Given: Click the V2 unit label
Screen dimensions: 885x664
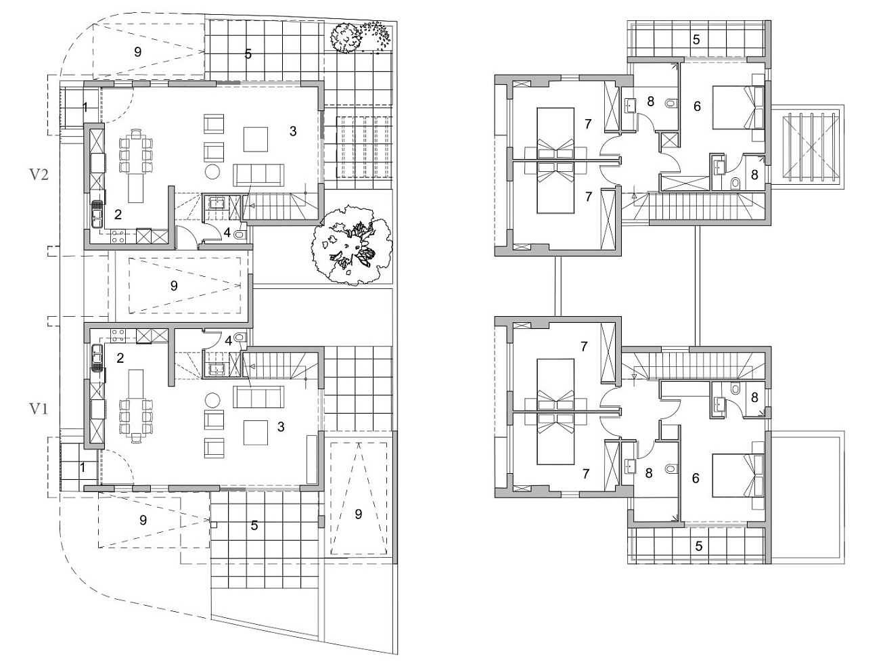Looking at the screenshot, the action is [39, 175].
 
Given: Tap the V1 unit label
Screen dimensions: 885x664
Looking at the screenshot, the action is [39, 410].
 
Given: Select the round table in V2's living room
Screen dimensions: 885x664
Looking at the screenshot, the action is [212, 171].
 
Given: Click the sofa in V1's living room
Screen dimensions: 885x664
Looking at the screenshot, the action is [258, 397].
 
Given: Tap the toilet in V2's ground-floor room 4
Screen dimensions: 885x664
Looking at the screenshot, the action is [240, 234].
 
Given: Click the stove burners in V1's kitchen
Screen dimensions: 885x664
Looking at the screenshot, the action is [118, 336].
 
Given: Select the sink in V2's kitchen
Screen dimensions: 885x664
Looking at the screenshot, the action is [97, 215].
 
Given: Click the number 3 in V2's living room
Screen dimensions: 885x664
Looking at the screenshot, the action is [293, 131].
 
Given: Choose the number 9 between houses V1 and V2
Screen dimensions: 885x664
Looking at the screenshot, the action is [174, 286].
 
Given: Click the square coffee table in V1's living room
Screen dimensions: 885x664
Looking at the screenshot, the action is [255, 433].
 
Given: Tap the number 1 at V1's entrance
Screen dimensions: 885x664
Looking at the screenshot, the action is [83, 468].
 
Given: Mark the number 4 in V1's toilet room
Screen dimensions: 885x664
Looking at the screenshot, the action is [229, 340].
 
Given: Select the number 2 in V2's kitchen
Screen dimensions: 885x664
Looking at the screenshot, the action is [118, 214].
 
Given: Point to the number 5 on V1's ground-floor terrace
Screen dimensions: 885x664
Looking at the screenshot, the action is [254, 525].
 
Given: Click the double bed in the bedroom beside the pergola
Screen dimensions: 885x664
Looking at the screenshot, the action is [737, 108].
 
